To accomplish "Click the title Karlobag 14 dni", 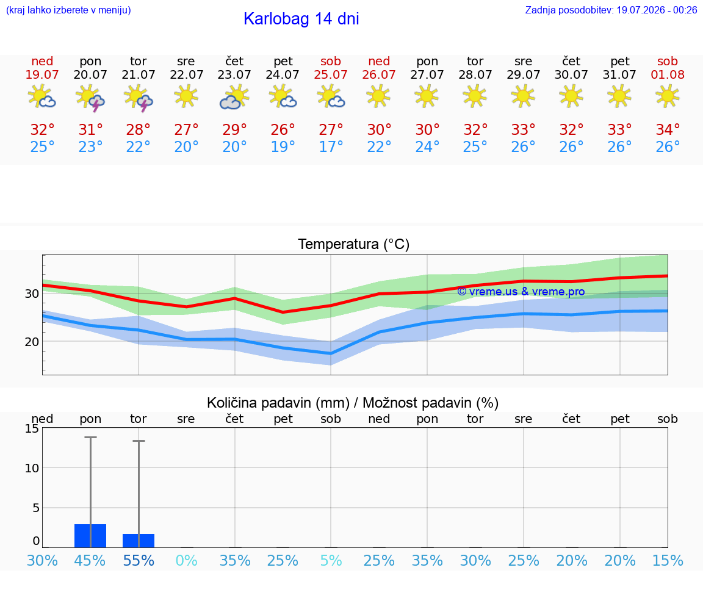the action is pyautogui.click(x=301, y=19).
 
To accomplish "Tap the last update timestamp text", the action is pyautogui.click(x=611, y=10).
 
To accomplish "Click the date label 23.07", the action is pyautogui.click(x=234, y=74).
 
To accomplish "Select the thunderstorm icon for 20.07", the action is pyautogui.click(x=90, y=98).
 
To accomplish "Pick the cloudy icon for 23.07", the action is pyautogui.click(x=234, y=97).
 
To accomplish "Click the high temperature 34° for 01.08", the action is pyautogui.click(x=668, y=129).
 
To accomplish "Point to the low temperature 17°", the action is pyautogui.click(x=331, y=146).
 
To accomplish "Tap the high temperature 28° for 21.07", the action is pyautogui.click(x=138, y=129).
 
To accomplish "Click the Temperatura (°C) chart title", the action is pyautogui.click(x=354, y=244).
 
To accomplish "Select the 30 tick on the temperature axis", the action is pyautogui.click(x=32, y=294).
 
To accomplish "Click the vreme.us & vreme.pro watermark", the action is pyautogui.click(x=521, y=292).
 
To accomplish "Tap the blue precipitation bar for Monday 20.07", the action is pyautogui.click(x=90, y=536).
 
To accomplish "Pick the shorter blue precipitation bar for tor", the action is pyautogui.click(x=139, y=541).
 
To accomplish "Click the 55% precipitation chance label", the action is pyautogui.click(x=139, y=560).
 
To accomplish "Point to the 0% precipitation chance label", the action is pyautogui.click(x=187, y=560).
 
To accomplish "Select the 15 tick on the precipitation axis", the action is pyautogui.click(x=32, y=428).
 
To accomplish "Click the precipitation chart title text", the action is pyautogui.click(x=353, y=403).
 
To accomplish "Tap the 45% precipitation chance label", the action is pyautogui.click(x=90, y=560).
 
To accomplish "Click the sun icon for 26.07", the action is pyautogui.click(x=379, y=96).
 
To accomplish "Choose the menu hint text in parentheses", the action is pyautogui.click(x=68, y=10).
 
